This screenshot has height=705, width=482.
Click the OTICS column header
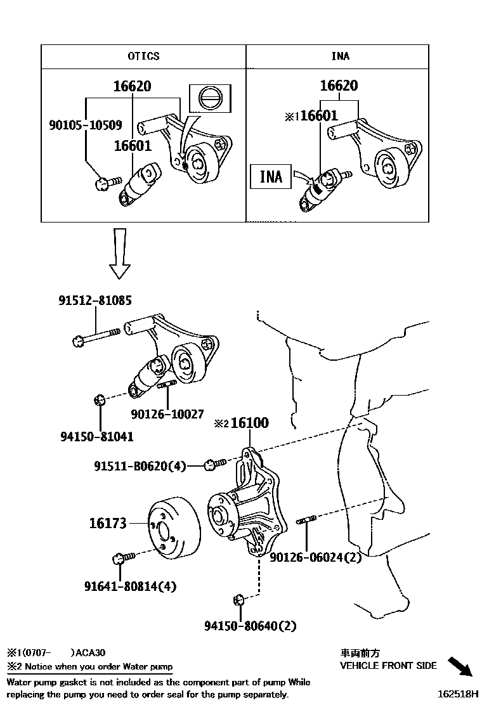point(143,56)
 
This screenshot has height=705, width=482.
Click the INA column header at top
point(340,56)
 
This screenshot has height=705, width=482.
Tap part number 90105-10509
point(85,125)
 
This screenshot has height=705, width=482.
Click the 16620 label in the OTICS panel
point(132,86)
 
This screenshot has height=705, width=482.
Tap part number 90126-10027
point(167,414)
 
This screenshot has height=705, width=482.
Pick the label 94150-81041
point(97,437)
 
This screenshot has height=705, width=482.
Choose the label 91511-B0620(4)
point(140,467)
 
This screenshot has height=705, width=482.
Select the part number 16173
point(107,524)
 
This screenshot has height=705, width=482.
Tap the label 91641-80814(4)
point(130,586)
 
